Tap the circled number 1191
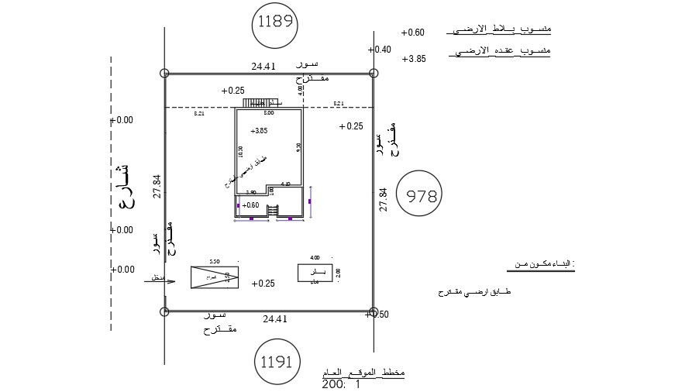pos(277,361)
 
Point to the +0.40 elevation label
pos(380,50)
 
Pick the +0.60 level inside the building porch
pos(250,205)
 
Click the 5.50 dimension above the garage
pos(215,261)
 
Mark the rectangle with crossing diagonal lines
pos(215,277)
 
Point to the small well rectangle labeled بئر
pos(315,273)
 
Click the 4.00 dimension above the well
pos(315,257)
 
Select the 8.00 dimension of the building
pos(269,113)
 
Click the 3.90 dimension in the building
pos(251,192)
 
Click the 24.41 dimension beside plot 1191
pos(275,318)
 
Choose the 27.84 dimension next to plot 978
pos(382,200)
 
